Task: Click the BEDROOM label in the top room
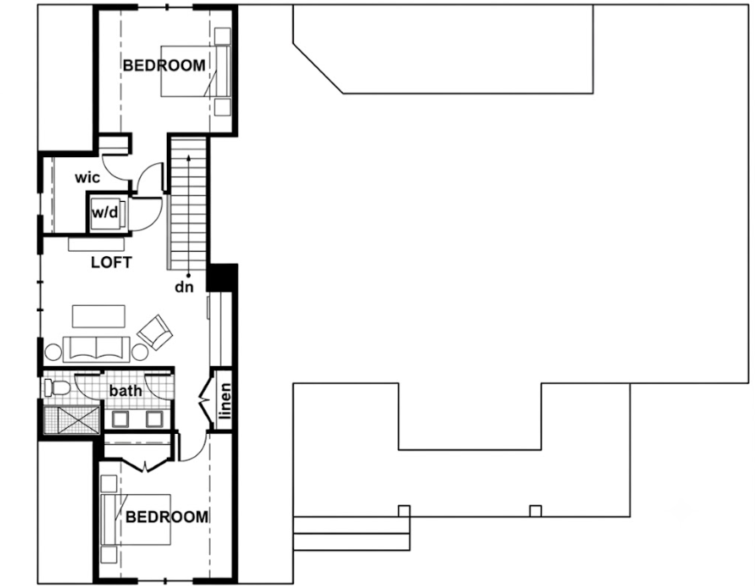[x=164, y=65]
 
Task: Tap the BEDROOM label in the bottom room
[x=167, y=517]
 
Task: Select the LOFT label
[x=111, y=262]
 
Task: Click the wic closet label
[x=88, y=178]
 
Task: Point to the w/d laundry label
[x=105, y=211]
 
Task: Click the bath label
[x=126, y=390]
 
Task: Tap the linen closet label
[x=225, y=400]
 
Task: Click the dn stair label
[x=184, y=287]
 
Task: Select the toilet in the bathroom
[x=57, y=388]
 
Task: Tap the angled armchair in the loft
[x=155, y=332]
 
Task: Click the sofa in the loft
[x=97, y=350]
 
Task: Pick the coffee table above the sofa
[x=99, y=316]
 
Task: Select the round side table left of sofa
[x=53, y=352]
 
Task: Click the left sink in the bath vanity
[x=120, y=419]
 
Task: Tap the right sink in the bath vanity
[x=154, y=419]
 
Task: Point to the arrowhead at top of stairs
[x=188, y=157]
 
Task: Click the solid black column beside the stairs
[x=222, y=278]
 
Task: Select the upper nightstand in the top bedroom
[x=222, y=36]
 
